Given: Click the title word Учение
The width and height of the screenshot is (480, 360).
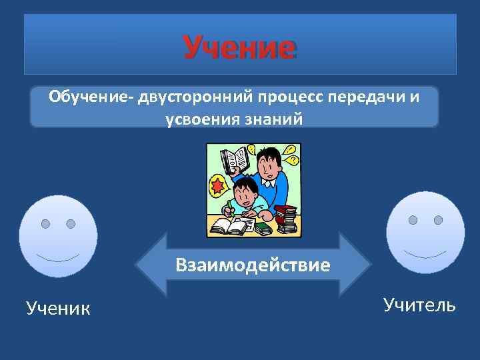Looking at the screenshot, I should (x=239, y=47).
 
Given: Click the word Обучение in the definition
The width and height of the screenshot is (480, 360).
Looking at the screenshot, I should (x=89, y=98).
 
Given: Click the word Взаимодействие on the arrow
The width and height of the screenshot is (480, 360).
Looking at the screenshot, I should (x=253, y=265).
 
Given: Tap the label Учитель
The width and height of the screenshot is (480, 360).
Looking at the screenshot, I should (x=419, y=305).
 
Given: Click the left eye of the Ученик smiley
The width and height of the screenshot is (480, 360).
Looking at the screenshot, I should (x=45, y=223).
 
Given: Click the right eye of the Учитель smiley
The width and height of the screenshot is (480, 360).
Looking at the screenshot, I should (x=438, y=220).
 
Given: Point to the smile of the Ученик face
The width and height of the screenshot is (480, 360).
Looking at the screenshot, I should (x=58, y=257).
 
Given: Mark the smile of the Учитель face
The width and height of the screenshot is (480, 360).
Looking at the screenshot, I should (x=425, y=254).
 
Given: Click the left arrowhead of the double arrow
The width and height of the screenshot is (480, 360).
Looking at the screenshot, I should (x=148, y=264).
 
